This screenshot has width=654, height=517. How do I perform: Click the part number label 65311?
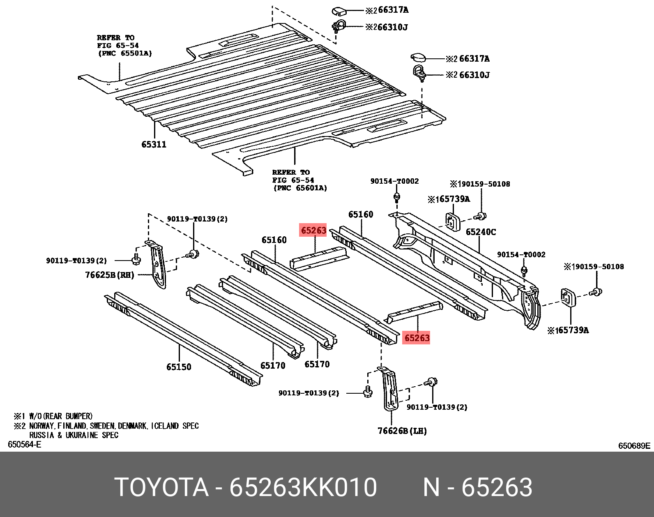[x=154, y=144]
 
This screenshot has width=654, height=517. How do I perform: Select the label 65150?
[x=179, y=367]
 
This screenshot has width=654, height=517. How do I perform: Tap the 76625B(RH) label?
[x=110, y=275]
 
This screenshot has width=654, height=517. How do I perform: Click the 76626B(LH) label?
[x=402, y=431]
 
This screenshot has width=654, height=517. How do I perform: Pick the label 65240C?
[x=481, y=232]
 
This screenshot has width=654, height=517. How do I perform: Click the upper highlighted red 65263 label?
[x=313, y=230]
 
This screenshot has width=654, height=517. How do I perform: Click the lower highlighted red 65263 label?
[x=417, y=338]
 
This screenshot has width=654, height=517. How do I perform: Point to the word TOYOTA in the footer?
[x=161, y=487]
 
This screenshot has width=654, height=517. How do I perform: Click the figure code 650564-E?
[x=25, y=444]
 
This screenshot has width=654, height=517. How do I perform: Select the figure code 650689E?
[x=634, y=446]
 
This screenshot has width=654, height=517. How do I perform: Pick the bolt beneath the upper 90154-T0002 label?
[x=397, y=198]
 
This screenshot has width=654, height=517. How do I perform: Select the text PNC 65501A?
[x=125, y=53]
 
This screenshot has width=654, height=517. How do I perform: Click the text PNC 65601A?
[x=300, y=188]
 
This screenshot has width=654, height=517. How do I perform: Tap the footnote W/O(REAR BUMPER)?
[x=61, y=416]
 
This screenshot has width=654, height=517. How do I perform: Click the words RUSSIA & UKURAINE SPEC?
[x=74, y=435]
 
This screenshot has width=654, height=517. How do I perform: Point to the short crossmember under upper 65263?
[x=319, y=258]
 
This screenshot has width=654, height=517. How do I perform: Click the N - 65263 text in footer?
[x=477, y=487]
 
